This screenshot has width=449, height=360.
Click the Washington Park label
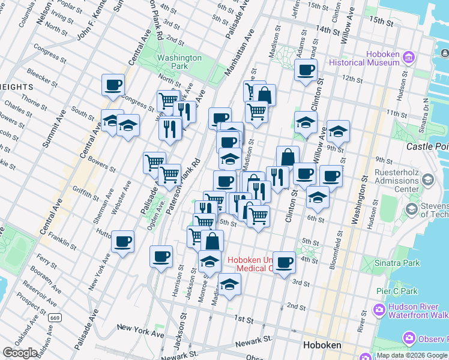click(x=179, y=62)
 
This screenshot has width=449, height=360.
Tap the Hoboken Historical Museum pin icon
click(x=409, y=58)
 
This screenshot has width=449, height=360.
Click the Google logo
click(x=20, y=353)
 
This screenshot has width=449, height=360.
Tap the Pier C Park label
click(x=396, y=291)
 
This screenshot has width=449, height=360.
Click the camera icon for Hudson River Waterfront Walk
click(x=379, y=310)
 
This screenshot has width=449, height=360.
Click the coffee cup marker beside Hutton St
click(x=123, y=242)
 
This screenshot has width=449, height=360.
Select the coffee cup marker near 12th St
click(x=306, y=70)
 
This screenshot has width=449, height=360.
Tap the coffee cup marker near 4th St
click(x=285, y=262)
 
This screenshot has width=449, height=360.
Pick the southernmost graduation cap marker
click(x=229, y=285)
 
